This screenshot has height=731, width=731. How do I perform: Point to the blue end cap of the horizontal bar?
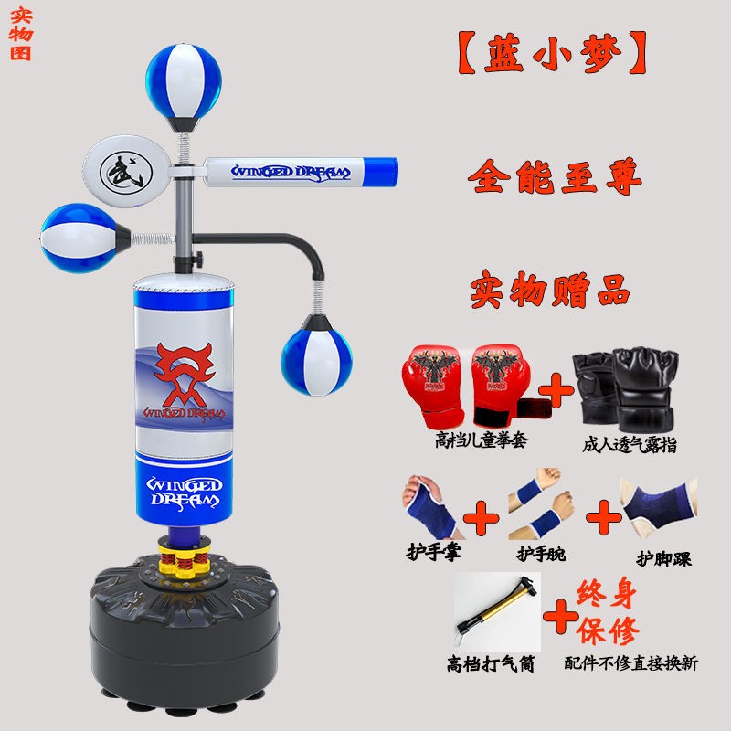(380, 172)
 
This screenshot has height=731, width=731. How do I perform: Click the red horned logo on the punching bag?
(185, 374)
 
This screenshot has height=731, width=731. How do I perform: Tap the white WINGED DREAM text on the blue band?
(185, 493)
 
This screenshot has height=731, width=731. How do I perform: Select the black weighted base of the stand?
(185, 634)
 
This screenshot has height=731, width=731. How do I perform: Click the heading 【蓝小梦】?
(553, 53)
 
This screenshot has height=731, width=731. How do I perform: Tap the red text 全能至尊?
(555, 176)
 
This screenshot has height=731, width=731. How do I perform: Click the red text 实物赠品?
(550, 289)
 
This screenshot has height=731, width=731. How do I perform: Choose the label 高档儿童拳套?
(482, 440)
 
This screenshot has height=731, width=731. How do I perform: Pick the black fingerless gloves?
(625, 388)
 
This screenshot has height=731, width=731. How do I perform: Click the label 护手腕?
(541, 554)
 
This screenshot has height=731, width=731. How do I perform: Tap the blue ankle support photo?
(660, 507)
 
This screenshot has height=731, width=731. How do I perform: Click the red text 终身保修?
(607, 611)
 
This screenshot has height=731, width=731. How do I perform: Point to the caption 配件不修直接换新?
(630, 663)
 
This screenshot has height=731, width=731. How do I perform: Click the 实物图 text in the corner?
(20, 34)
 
